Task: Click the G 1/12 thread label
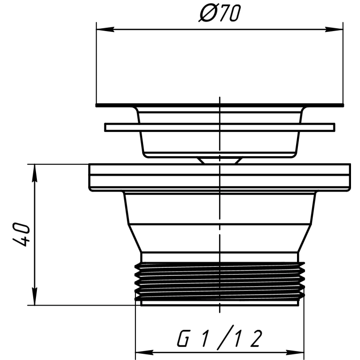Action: click(219, 338)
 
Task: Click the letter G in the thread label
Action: click(183, 338)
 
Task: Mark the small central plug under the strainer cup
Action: click(219, 160)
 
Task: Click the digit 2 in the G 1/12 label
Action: click(256, 338)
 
